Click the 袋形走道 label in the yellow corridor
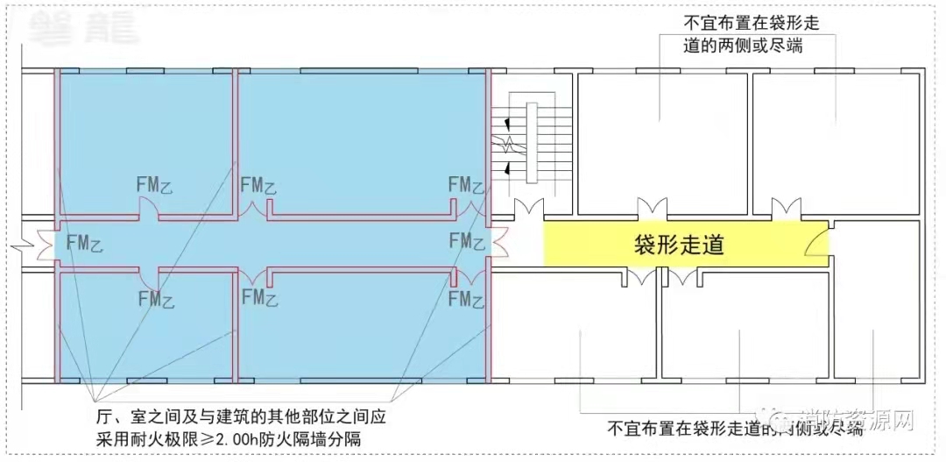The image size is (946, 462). tap(679, 245)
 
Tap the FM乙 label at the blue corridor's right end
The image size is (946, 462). tap(466, 240)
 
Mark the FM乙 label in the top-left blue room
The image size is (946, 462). tap(155, 185)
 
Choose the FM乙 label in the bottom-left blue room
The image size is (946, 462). tap(156, 299)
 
